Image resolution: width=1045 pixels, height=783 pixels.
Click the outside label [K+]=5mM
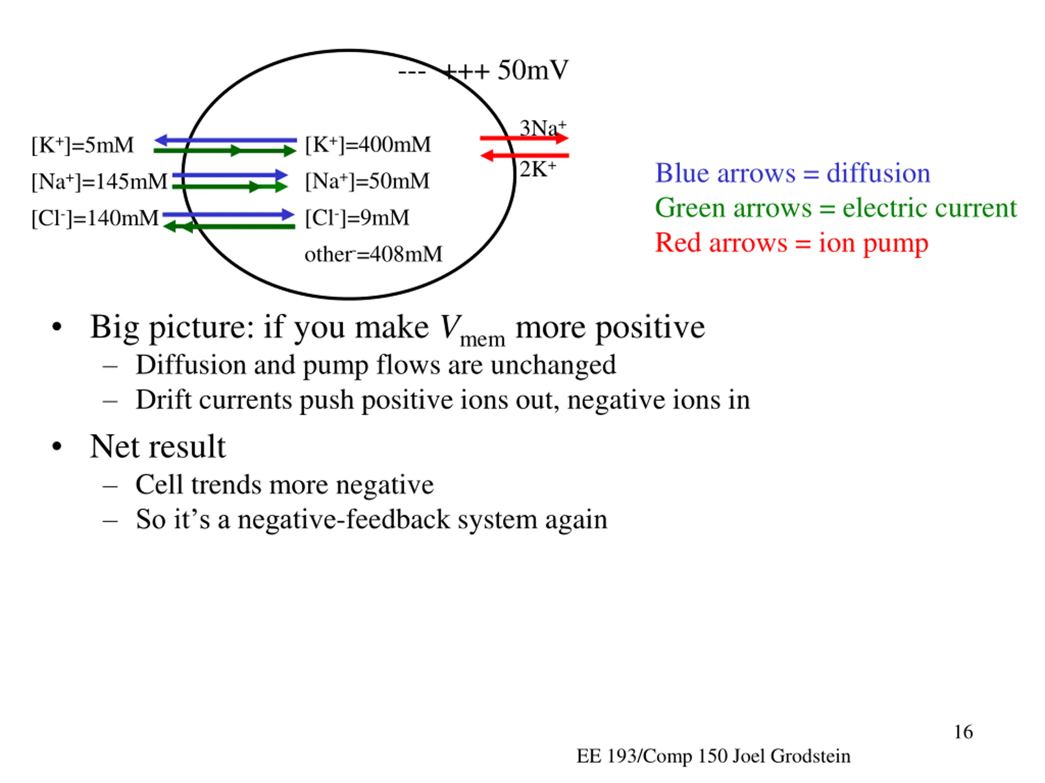click(83, 145)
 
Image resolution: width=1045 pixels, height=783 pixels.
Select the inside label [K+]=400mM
click(367, 144)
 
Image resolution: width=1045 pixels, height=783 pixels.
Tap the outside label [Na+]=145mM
click(99, 181)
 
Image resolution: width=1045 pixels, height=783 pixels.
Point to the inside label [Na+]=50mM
click(367, 181)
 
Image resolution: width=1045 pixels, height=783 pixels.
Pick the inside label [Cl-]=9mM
click(357, 218)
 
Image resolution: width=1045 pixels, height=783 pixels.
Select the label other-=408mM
click(373, 254)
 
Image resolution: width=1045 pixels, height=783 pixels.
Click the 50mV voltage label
click(532, 71)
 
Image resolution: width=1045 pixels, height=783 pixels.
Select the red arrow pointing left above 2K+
click(525, 155)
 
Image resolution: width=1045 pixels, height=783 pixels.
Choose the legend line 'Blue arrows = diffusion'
click(792, 173)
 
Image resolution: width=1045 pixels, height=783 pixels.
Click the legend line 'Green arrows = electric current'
click(835, 208)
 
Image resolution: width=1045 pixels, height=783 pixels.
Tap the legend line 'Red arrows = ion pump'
click(792, 243)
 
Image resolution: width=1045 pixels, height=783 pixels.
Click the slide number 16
click(963, 732)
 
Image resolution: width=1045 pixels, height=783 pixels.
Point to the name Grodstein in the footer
click(810, 756)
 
